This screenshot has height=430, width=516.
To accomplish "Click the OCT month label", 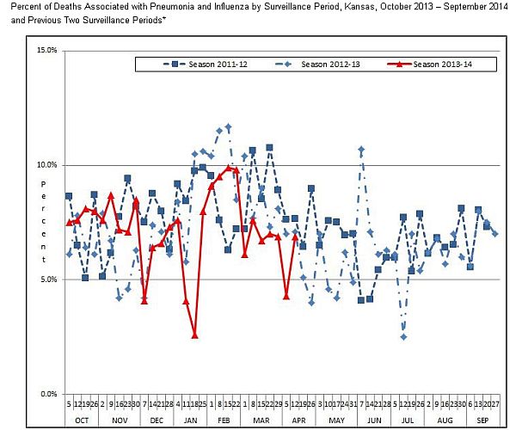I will pyautogui.click(x=81, y=419).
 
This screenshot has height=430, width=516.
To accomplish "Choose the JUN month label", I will pyautogui.click(x=373, y=419).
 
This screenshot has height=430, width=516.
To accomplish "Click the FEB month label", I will pyautogui.click(x=224, y=419).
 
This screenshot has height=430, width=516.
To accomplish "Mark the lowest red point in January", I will pyautogui.click(x=194, y=335).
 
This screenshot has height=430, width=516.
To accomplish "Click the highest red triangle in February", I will pyautogui.click(x=228, y=168).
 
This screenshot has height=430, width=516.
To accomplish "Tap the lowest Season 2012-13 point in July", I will pyautogui.click(x=403, y=337).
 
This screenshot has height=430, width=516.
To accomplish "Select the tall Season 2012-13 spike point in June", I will pyautogui.click(x=361, y=150).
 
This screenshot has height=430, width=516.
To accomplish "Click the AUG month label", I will pyautogui.click(x=445, y=419).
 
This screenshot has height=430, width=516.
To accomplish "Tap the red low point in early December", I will pyautogui.click(x=144, y=301).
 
